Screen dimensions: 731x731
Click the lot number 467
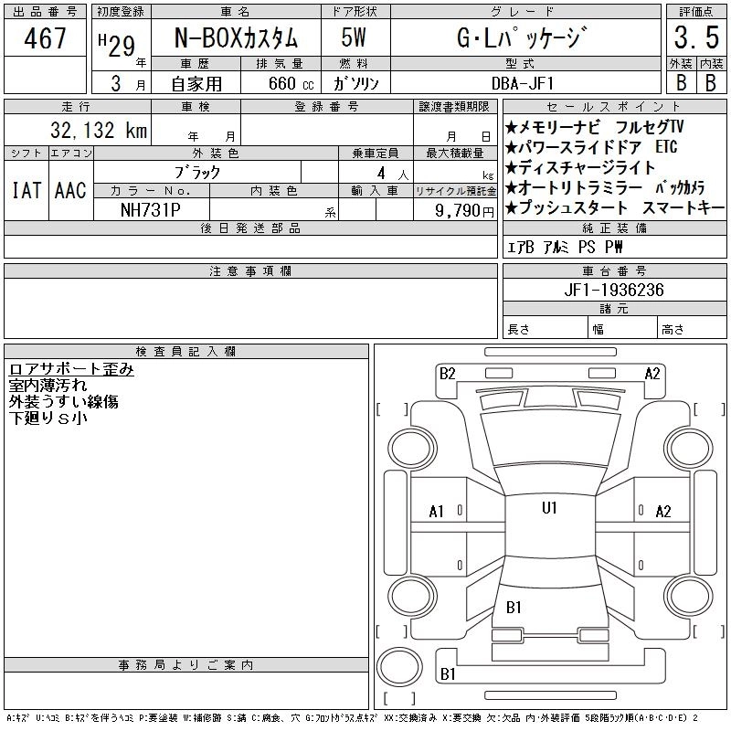pos(45,38)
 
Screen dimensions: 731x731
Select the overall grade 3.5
pos(696,37)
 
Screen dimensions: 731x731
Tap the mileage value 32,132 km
pos(99,130)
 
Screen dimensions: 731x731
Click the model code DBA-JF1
pos(523,83)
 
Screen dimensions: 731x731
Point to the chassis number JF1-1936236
pos(614,290)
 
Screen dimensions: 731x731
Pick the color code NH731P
pos(151,210)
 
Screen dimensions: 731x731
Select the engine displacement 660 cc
pos(291,83)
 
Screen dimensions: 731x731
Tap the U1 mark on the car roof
pos(549,508)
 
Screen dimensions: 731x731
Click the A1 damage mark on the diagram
pos(437,512)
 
